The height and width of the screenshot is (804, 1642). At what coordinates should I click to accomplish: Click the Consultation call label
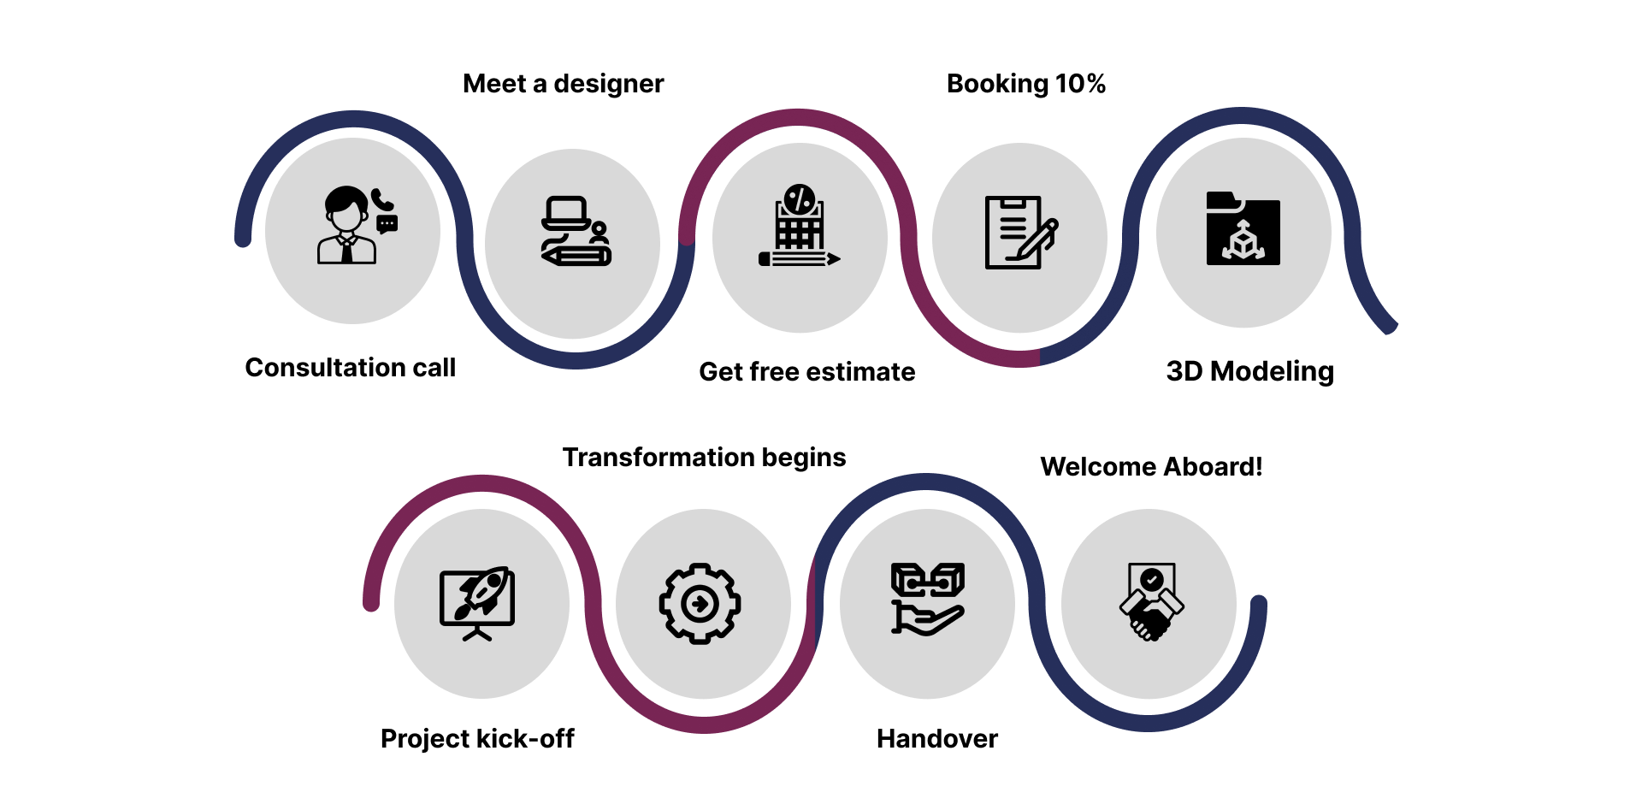pos(351,367)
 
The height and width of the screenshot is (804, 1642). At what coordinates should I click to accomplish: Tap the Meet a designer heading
pos(564,84)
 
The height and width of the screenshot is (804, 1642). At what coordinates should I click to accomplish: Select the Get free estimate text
pos(807,372)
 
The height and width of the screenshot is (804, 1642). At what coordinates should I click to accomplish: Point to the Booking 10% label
pos(1026,84)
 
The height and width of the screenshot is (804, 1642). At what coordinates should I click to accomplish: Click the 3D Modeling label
pos(1250,371)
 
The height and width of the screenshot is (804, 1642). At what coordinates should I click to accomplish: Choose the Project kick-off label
pos(477,738)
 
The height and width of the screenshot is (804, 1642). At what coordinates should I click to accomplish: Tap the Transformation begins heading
pos(704,458)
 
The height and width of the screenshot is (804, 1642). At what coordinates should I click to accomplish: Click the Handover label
pos(937,738)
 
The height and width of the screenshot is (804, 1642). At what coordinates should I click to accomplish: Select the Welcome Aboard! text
pos(1151,466)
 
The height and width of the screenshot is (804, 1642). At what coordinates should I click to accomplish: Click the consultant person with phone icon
pos(357,225)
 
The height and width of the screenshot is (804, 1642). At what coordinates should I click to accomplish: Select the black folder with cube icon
pos(1243,228)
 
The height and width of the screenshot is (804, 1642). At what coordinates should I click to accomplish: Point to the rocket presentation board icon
pos(477,603)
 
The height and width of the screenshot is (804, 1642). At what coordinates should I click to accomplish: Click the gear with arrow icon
pos(700,604)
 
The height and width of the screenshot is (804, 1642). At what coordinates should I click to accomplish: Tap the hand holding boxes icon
pos(928,599)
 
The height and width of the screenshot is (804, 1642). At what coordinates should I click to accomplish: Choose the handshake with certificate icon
pos(1152,601)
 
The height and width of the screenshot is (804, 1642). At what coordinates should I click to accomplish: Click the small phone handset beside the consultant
pos(382,200)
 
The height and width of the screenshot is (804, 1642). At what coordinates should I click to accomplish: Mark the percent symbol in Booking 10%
pos(1096,84)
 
